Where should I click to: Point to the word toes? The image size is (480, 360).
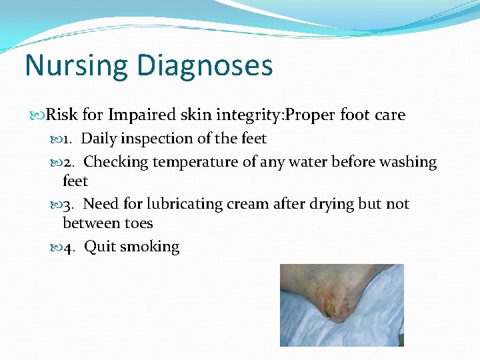tap(137, 223)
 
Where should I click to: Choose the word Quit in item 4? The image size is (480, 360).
tap(99, 247)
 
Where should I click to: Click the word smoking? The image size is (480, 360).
tap(150, 247)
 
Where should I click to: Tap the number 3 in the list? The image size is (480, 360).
tap(68, 205)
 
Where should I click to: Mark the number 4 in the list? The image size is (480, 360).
tap(68, 247)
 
